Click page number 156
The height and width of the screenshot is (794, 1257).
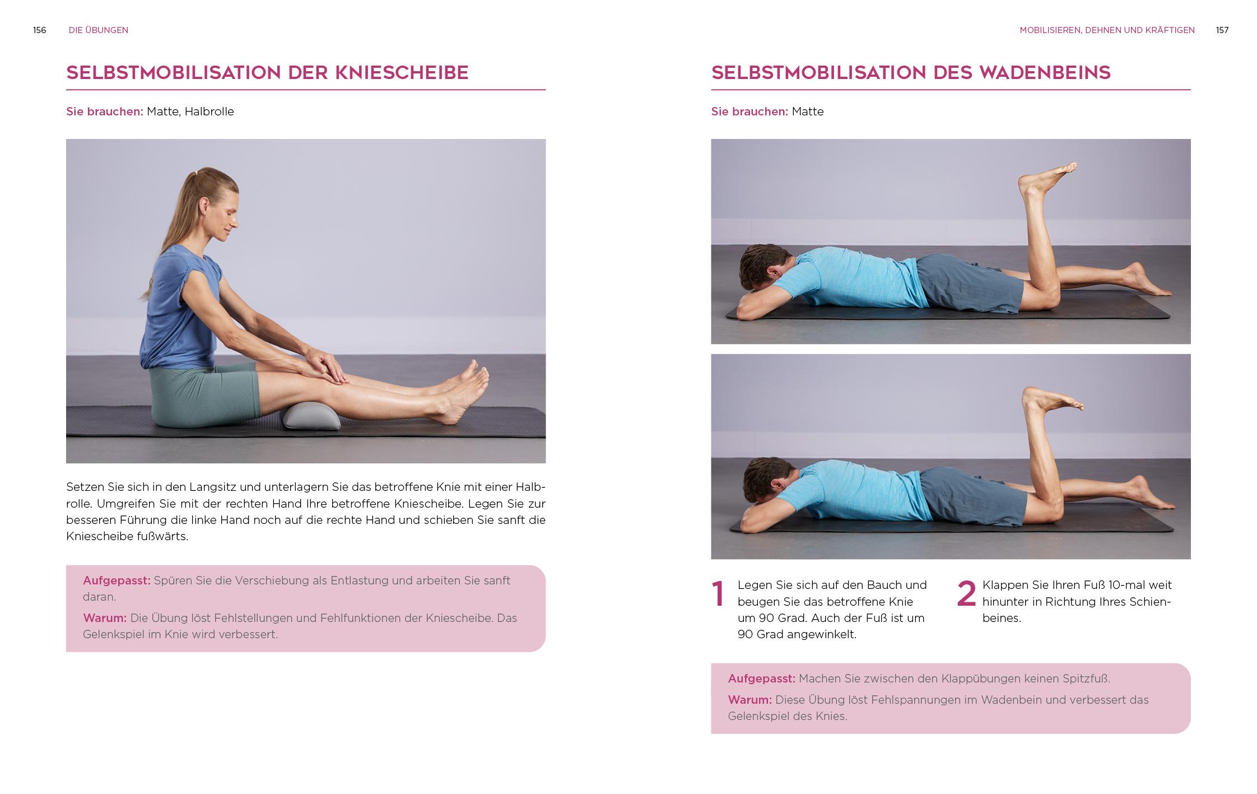pos(39,30)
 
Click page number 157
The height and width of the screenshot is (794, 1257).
pos(1222,30)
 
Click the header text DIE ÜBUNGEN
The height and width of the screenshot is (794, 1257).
pos(99,30)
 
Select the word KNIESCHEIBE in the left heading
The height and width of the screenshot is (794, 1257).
pos(402,73)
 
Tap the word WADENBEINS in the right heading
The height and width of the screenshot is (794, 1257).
pos(1045,73)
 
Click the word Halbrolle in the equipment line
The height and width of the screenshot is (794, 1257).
pos(209,112)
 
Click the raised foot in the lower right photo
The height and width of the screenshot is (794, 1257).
pos(1050,400)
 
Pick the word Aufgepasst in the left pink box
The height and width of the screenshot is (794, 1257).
pos(117,581)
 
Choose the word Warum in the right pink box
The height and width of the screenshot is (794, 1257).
pos(749,700)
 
